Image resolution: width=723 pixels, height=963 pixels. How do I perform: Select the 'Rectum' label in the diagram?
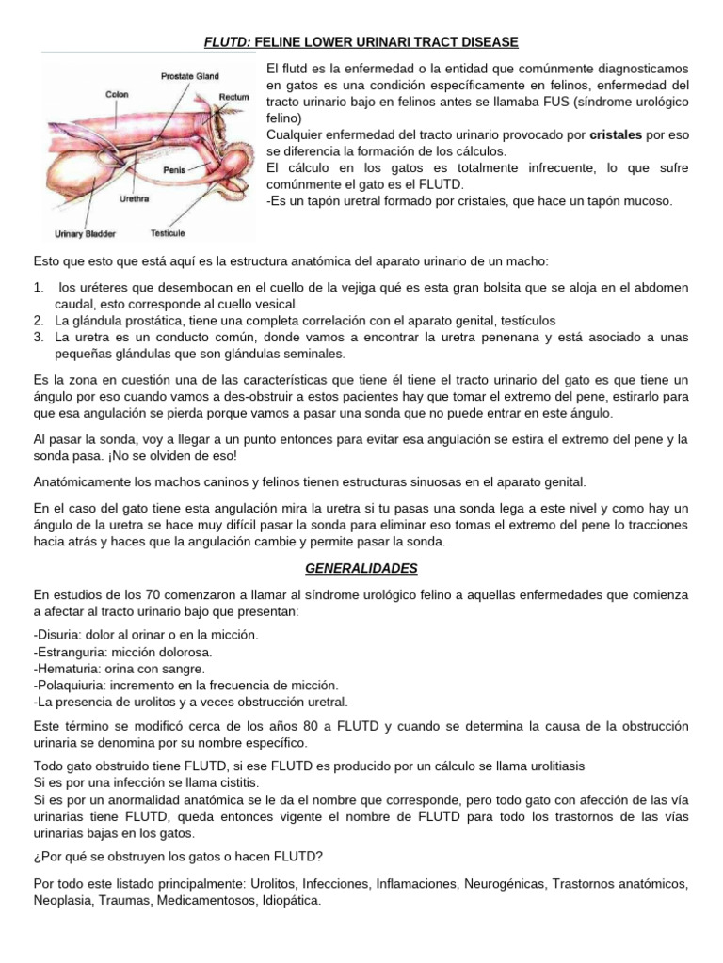pos(234,97)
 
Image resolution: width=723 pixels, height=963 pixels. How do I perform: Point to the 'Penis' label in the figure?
pos(174,170)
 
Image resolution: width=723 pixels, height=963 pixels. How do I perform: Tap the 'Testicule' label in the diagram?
pos(168,232)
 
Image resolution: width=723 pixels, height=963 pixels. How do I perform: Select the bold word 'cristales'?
pos(616,134)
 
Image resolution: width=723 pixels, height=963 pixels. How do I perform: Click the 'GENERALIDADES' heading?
pos(361,569)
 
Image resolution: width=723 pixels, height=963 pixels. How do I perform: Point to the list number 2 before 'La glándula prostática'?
pos(39,321)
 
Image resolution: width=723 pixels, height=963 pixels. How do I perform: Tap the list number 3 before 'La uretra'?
pos(39,337)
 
